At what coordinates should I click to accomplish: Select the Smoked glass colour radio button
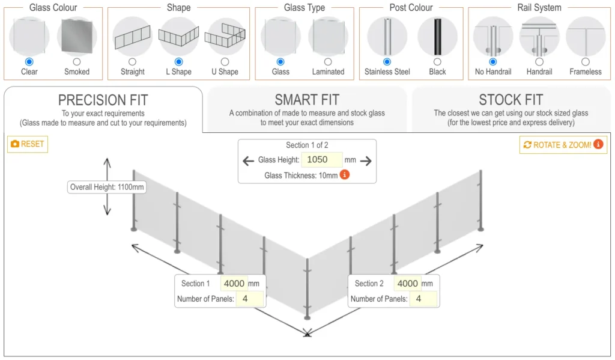pyautogui.click(x=77, y=62)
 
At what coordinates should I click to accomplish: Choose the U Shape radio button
pyautogui.click(x=225, y=62)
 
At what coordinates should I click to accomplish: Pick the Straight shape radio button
pyautogui.click(x=132, y=62)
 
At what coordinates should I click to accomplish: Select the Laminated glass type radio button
pyautogui.click(x=328, y=62)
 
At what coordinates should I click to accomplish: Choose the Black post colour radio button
pyautogui.click(x=437, y=62)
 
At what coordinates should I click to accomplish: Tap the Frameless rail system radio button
pyautogui.click(x=586, y=62)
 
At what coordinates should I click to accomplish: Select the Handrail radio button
pyautogui.click(x=539, y=62)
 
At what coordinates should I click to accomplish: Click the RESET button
pyautogui.click(x=28, y=144)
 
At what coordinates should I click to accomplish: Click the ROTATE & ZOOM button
pyautogui.click(x=563, y=145)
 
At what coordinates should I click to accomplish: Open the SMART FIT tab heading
pyautogui.click(x=307, y=100)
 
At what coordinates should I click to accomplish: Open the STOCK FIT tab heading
pyautogui.click(x=510, y=100)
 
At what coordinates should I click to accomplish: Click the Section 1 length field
pyautogui.click(x=234, y=284)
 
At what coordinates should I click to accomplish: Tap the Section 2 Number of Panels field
pyautogui.click(x=423, y=299)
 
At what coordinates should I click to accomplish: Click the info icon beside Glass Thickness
pyautogui.click(x=345, y=175)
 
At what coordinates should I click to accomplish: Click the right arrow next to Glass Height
pyautogui.click(x=366, y=160)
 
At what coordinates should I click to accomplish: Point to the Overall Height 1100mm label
pyautogui.click(x=108, y=187)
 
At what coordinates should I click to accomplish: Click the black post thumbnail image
pyautogui.click(x=437, y=37)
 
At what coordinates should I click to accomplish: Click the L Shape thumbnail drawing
pyautogui.click(x=178, y=37)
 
